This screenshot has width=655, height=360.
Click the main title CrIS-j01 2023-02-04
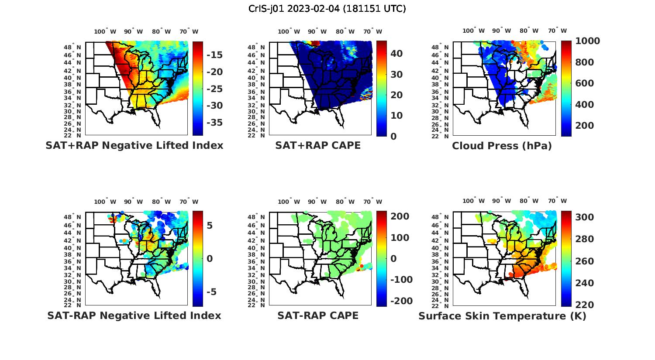click(x=327, y=9)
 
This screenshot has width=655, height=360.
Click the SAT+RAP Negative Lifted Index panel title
click(x=134, y=146)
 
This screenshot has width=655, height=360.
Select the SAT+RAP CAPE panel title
click(x=318, y=146)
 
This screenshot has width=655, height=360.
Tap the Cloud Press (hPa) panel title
click(x=502, y=146)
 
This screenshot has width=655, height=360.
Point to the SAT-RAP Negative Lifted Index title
click(x=134, y=315)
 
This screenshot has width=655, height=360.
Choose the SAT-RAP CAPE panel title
click(x=318, y=315)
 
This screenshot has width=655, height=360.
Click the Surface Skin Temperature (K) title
click(x=502, y=316)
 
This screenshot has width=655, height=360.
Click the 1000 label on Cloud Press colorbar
click(x=587, y=41)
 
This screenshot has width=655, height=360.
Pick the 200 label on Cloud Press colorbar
click(x=585, y=126)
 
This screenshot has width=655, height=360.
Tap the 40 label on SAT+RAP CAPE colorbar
click(x=396, y=54)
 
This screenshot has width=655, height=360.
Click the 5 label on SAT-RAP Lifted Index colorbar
click(x=210, y=226)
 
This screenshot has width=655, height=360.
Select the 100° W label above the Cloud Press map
click(x=473, y=31)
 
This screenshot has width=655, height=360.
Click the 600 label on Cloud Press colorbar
click(x=585, y=83)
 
